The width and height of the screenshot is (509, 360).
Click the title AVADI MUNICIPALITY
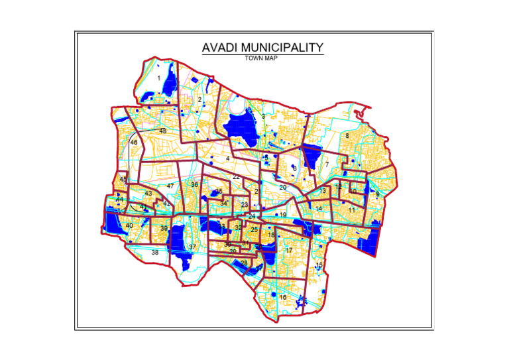click(262, 48)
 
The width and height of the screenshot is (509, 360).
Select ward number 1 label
click(159, 78)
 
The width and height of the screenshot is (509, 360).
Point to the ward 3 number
click(263, 117)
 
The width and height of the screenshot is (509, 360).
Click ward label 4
click(227, 158)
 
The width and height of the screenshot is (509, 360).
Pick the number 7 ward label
click(327, 164)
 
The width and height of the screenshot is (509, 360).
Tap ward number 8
click(347, 136)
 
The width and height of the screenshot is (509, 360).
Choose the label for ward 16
click(283, 298)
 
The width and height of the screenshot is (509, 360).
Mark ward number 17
click(289, 251)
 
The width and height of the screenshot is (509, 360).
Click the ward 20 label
click(282, 188)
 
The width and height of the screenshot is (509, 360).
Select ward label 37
click(193, 247)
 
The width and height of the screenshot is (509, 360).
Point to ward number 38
click(155, 253)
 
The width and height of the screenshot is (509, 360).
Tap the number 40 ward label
click(129, 226)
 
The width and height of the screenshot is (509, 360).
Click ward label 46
click(134, 143)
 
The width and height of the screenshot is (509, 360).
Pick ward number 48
click(163, 131)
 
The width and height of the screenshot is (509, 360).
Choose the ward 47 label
click(170, 186)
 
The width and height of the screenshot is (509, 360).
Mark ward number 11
click(352, 210)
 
